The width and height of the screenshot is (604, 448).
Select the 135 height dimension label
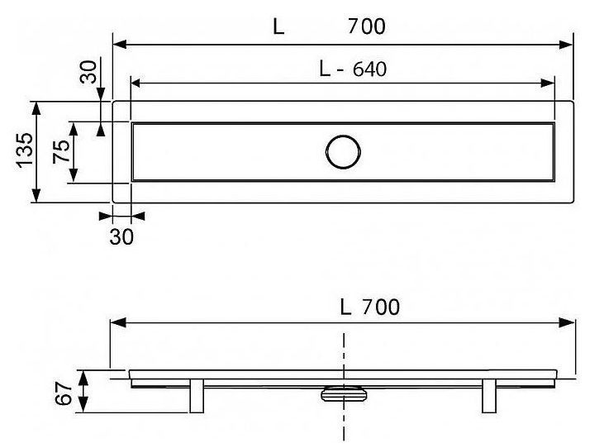point(24,150)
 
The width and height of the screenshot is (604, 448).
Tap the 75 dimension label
point(62,151)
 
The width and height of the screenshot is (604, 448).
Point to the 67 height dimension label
point(63,393)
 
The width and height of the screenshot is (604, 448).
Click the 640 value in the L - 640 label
point(369,69)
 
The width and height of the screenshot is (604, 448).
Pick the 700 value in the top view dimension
point(366,26)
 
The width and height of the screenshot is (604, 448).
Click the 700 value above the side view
point(381,307)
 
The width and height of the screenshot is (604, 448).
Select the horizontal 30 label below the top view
point(121,236)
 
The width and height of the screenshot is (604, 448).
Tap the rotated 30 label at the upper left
point(88,72)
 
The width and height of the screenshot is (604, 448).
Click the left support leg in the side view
point(197,396)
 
